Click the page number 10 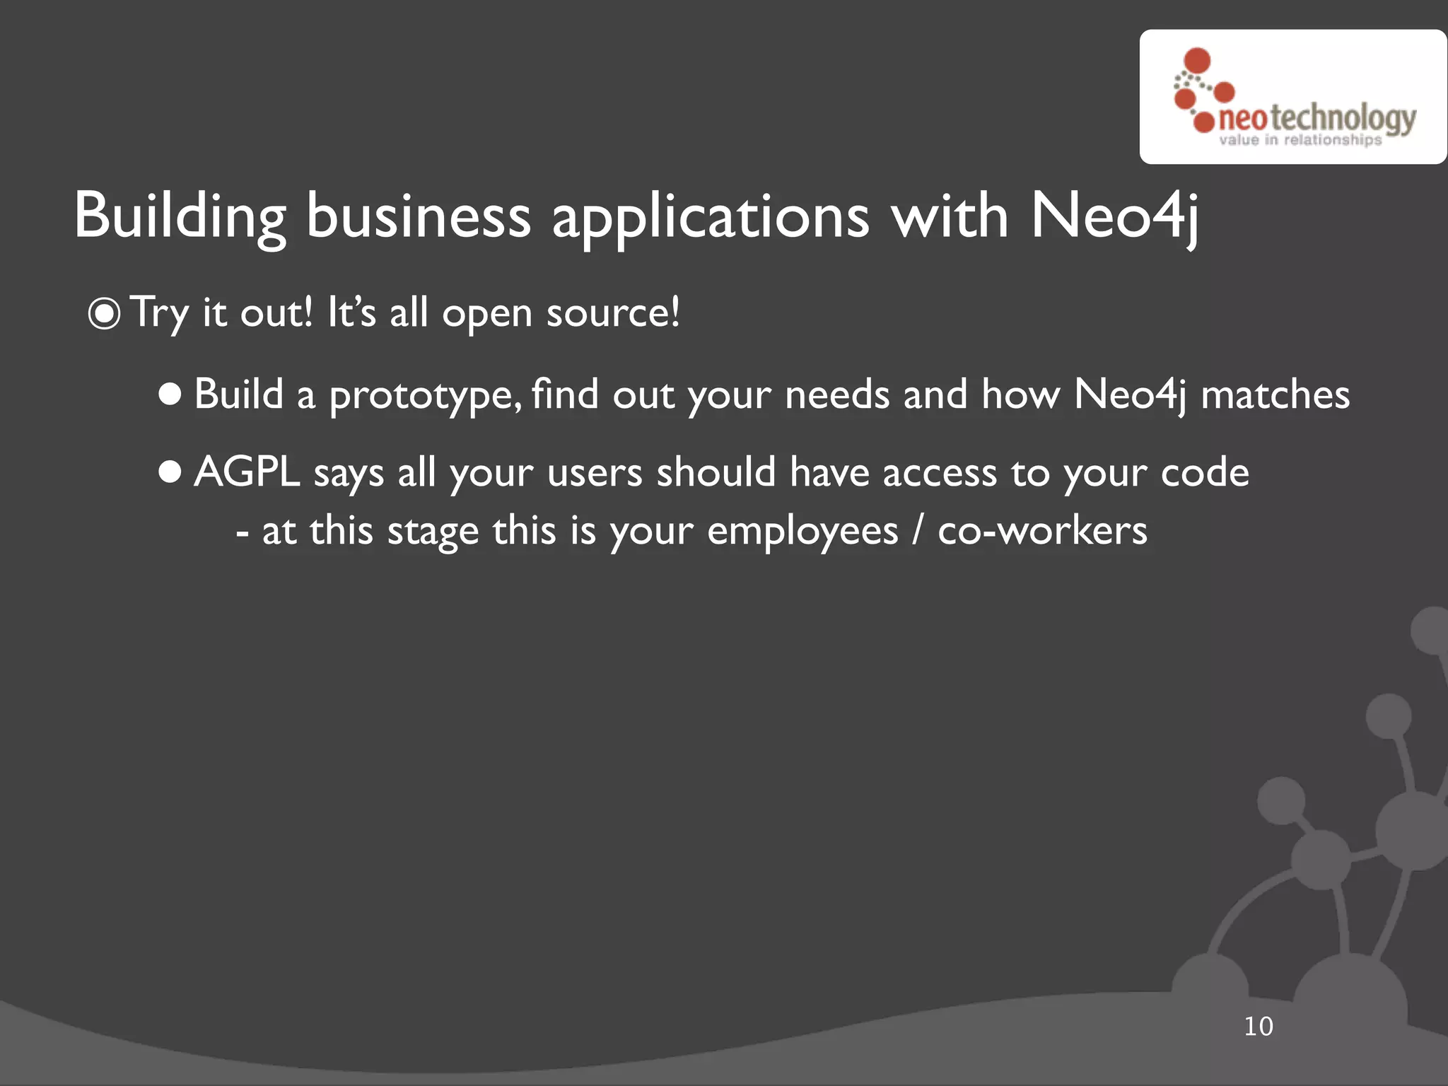[x=1258, y=1026]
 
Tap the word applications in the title [x=710, y=216]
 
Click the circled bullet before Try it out [x=105, y=314]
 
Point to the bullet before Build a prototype [x=170, y=395]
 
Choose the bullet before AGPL [x=170, y=472]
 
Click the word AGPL [x=247, y=472]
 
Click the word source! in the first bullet [x=612, y=313]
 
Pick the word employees [x=802, y=532]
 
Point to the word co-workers [x=1042, y=530]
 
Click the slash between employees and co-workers [x=918, y=531]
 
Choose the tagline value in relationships [x=1300, y=140]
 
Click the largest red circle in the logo [x=1197, y=60]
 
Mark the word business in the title [x=418, y=216]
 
